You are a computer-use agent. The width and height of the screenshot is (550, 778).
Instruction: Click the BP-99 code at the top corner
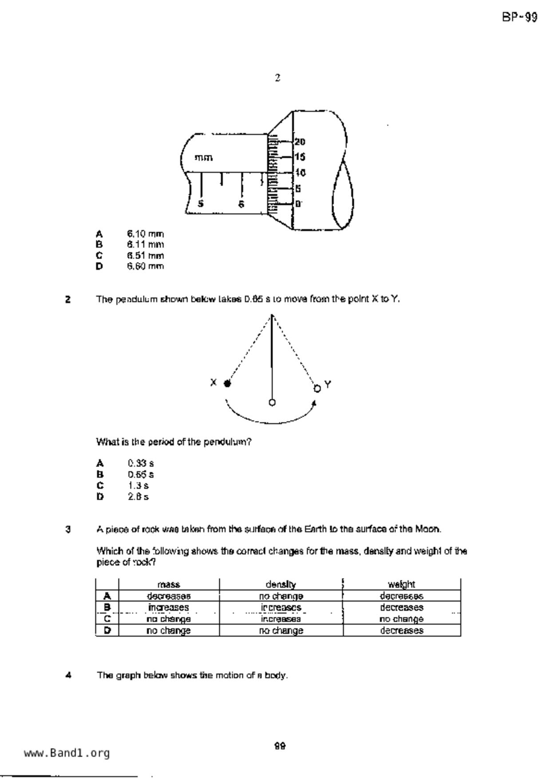[519, 17]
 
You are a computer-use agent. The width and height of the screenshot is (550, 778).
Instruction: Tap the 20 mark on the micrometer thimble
[300, 142]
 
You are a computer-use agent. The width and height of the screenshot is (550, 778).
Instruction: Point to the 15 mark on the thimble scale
[300, 157]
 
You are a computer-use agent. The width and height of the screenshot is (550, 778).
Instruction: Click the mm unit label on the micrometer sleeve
[203, 157]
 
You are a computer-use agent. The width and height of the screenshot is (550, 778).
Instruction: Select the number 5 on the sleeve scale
[201, 204]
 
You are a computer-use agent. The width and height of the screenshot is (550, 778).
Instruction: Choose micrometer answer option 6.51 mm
[145, 255]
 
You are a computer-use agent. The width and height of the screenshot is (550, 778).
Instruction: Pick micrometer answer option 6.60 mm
[145, 266]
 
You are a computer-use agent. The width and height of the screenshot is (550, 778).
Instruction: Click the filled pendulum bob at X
[227, 384]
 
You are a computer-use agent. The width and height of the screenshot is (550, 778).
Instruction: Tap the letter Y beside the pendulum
[328, 384]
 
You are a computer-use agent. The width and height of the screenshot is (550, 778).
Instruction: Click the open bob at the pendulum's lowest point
[272, 402]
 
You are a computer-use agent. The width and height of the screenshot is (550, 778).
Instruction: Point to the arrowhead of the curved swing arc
[315, 402]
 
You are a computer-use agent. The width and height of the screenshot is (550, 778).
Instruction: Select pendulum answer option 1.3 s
[138, 485]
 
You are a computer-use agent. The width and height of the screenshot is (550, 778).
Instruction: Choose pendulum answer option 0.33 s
[141, 464]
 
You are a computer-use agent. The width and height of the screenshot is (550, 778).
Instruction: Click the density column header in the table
[281, 584]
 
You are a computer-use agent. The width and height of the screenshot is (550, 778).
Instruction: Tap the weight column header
[401, 584]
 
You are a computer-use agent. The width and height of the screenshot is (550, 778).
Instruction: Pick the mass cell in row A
[169, 596]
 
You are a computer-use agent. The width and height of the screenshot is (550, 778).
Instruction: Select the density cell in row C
[281, 619]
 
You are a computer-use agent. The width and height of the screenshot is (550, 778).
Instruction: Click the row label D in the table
[107, 630]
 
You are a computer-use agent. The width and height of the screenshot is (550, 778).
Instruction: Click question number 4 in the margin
[68, 676]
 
